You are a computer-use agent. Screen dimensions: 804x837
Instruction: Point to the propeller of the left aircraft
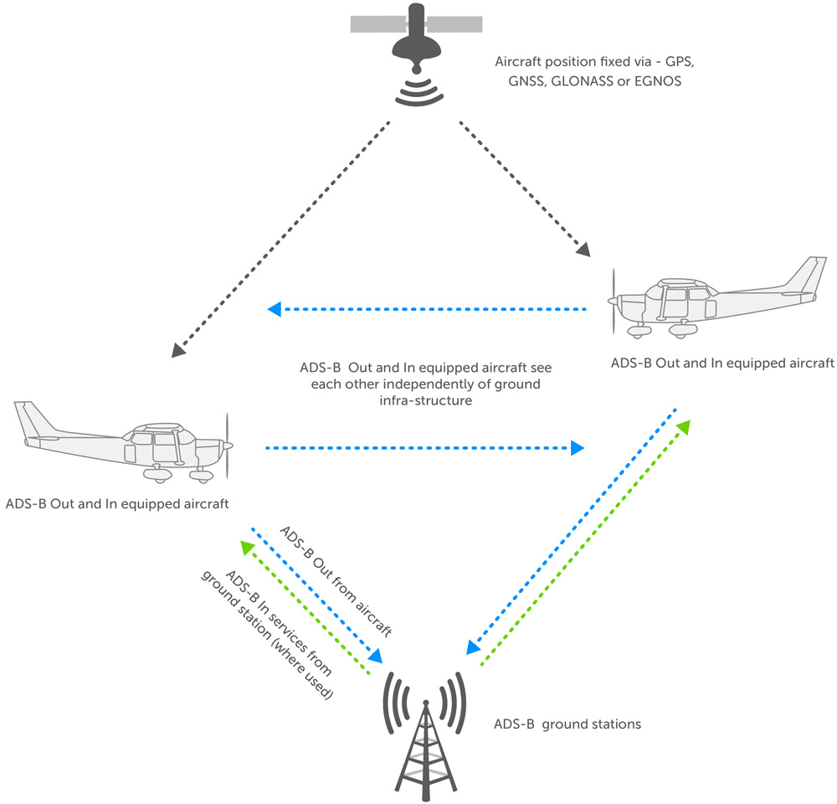click(x=226, y=446)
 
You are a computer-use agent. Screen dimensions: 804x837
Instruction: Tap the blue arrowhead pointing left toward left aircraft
click(x=273, y=311)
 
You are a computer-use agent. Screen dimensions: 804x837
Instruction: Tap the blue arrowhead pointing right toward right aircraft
click(x=578, y=449)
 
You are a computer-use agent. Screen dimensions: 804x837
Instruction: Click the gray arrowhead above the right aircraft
click(x=583, y=248)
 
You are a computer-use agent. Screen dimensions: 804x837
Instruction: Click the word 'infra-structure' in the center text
click(x=426, y=400)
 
